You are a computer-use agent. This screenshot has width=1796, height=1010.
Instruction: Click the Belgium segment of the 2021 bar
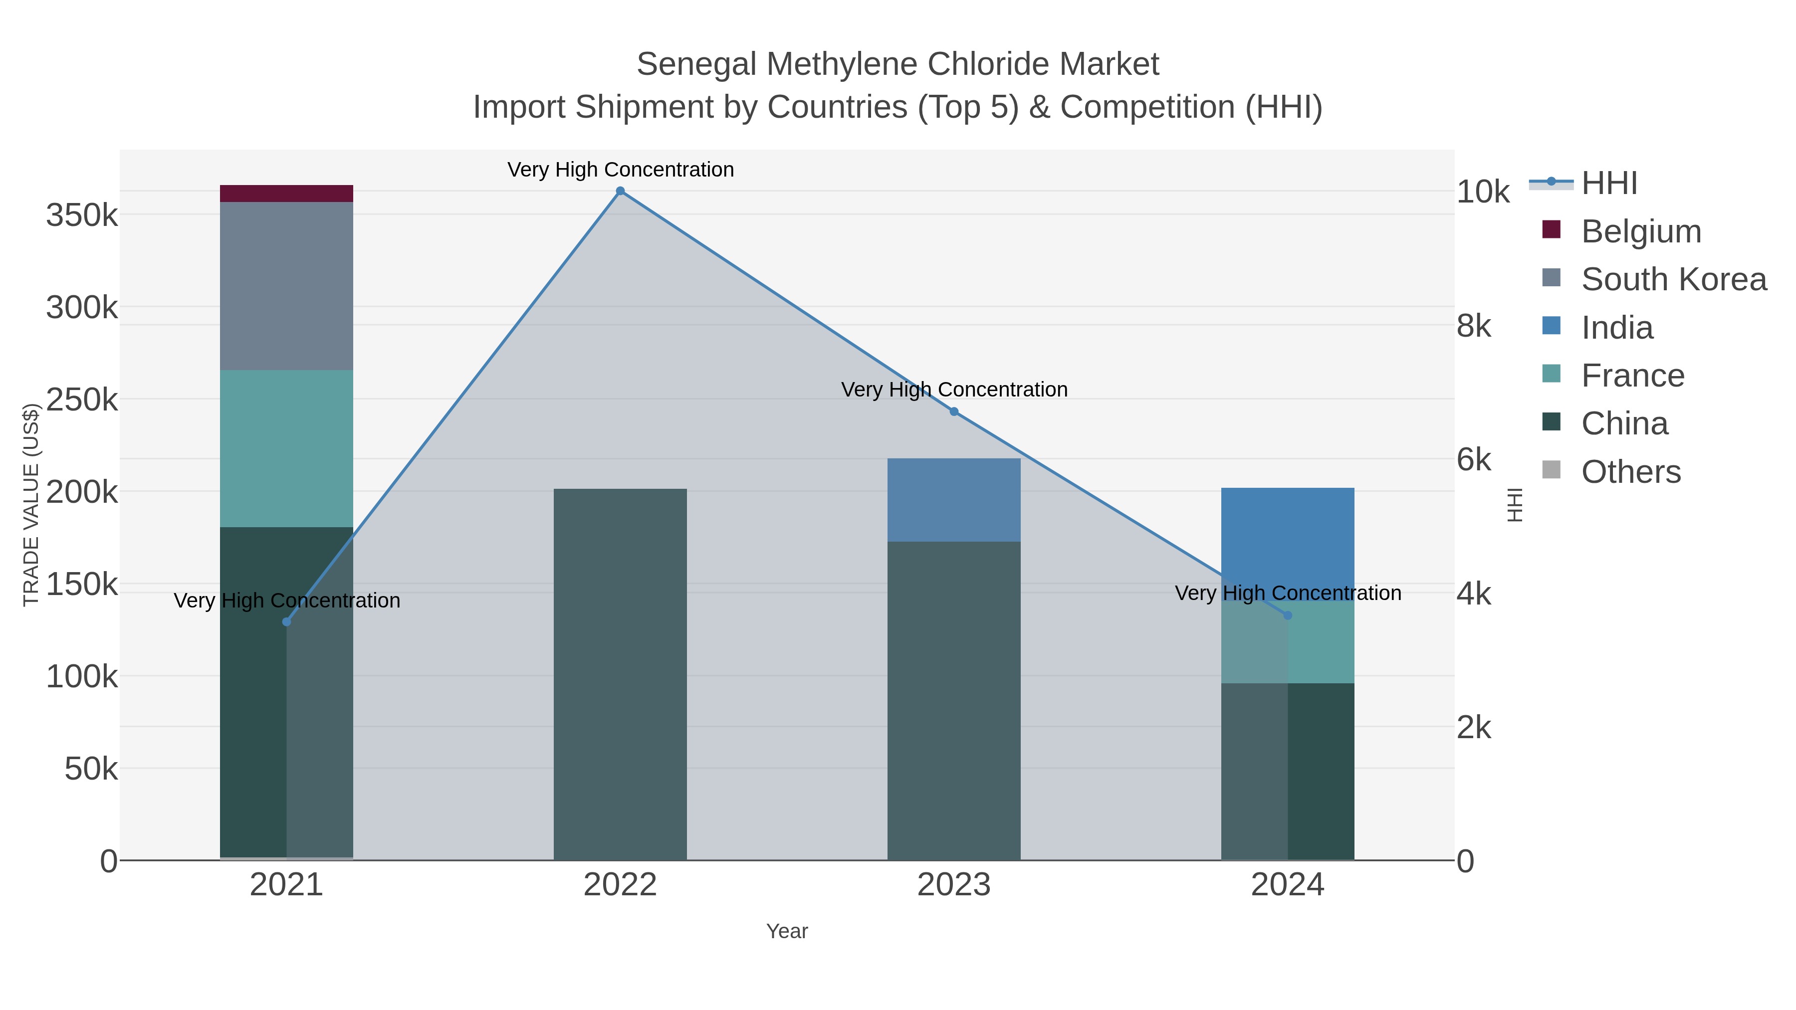[286, 193]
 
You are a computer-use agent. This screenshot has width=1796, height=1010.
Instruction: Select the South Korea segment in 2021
[286, 286]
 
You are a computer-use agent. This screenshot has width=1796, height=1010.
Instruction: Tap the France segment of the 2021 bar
[286, 448]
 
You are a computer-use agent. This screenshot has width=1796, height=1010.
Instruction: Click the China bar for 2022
[620, 674]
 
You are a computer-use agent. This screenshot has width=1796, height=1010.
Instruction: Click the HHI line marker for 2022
[620, 191]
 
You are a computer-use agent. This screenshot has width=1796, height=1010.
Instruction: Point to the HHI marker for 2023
[954, 411]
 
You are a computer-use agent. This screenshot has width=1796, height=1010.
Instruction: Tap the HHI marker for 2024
[1287, 615]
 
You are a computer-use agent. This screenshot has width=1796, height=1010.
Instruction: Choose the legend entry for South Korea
[1673, 279]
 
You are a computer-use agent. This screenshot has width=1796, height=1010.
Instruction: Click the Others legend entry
[1630, 472]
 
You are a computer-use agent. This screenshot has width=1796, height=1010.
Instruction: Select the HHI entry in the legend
[1608, 184]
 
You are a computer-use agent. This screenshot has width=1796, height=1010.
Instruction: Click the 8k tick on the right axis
[1474, 326]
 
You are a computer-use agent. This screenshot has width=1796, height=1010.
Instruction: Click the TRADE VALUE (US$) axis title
[31, 505]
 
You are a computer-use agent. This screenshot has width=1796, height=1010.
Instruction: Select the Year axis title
[786, 931]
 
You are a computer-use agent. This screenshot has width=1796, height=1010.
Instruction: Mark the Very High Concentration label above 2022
[620, 170]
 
